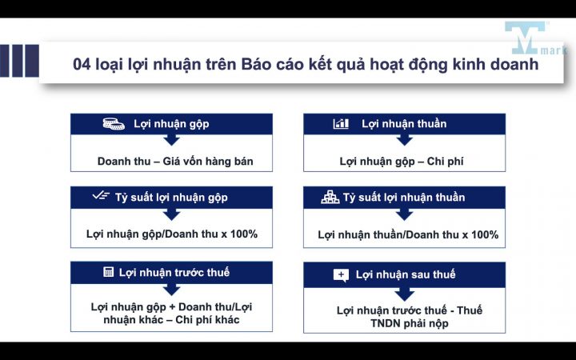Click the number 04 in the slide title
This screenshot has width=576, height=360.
[82, 64]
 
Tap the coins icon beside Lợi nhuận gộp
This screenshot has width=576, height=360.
[114, 124]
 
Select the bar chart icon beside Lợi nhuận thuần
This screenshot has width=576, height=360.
[341, 124]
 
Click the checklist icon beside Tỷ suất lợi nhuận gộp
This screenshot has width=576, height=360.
[101, 197]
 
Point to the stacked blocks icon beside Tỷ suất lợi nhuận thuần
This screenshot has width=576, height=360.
[330, 197]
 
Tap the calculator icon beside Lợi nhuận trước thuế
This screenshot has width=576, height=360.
[108, 272]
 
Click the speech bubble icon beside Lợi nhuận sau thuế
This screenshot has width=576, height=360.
[341, 274]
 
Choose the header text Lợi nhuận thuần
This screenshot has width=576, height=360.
[404, 124]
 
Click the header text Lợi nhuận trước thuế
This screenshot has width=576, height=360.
[174, 272]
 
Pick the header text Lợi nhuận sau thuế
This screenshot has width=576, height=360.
[406, 274]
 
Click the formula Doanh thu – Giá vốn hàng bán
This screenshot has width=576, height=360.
[175, 161]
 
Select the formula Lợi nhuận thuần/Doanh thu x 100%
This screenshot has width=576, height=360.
[408, 234]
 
